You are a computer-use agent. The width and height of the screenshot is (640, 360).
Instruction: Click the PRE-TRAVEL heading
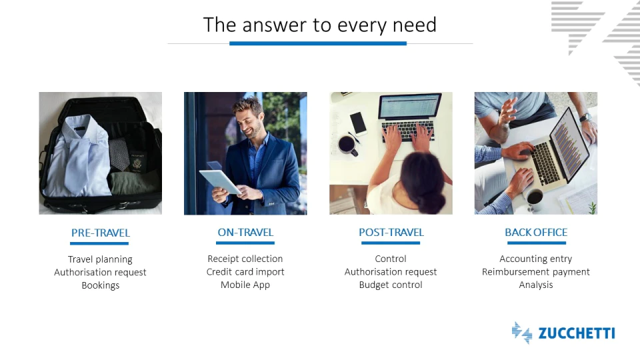tap(101, 233)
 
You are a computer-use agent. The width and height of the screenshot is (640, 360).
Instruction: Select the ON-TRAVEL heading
tap(245, 233)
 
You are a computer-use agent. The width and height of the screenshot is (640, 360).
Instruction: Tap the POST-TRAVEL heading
tap(391, 233)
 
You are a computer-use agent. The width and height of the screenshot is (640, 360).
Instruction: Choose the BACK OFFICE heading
tap(536, 233)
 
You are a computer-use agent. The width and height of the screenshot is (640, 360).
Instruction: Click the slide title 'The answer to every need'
tap(320, 25)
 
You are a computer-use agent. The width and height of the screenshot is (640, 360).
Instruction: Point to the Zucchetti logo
tap(563, 333)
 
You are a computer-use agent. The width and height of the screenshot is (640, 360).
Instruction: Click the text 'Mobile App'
tap(245, 285)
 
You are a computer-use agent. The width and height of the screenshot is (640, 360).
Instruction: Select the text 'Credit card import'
tap(245, 272)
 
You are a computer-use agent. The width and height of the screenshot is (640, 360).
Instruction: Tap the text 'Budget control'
tap(391, 285)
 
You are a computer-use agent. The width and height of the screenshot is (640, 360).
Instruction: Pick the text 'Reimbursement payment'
tap(536, 272)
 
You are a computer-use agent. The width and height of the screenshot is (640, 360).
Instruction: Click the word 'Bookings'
tap(101, 285)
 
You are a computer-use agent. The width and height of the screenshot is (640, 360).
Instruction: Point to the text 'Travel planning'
tap(100, 259)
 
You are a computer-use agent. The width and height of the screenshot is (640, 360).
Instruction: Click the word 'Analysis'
tap(536, 285)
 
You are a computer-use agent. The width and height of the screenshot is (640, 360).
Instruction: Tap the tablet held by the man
tap(220, 181)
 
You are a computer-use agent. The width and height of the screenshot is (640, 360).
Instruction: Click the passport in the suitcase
tap(137, 162)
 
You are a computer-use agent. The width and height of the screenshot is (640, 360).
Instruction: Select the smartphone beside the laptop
tap(359, 123)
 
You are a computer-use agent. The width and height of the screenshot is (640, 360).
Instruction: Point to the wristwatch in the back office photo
tap(586, 117)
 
